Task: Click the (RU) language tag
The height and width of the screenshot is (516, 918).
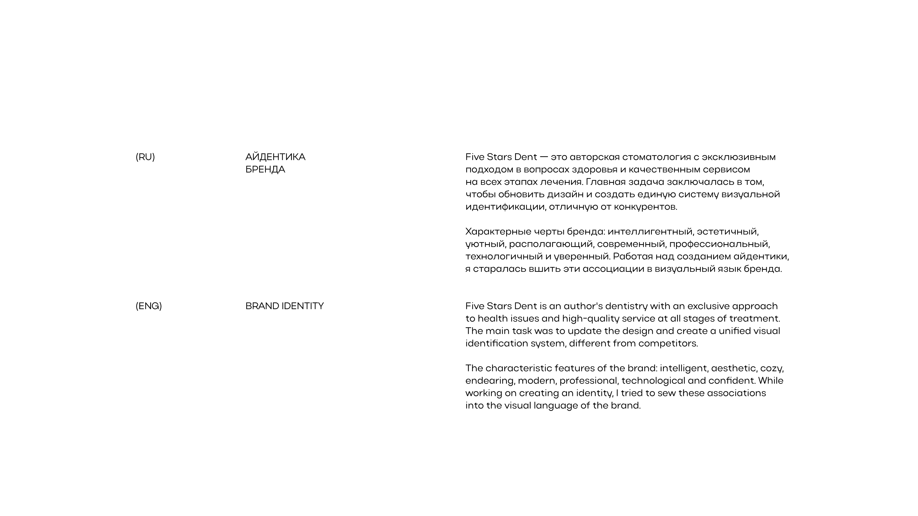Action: [145, 157]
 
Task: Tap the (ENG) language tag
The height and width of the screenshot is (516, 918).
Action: [149, 306]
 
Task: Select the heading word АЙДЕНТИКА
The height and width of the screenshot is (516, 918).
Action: [275, 157]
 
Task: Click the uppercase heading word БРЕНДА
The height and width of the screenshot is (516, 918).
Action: [265, 169]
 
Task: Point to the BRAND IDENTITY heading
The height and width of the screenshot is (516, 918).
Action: [284, 306]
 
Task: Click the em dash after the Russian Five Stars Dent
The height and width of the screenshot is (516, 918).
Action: [544, 157]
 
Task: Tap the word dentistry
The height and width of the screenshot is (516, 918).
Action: [626, 306]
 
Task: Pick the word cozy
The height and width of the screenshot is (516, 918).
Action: [772, 369]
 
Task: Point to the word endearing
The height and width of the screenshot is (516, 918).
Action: [490, 381]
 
